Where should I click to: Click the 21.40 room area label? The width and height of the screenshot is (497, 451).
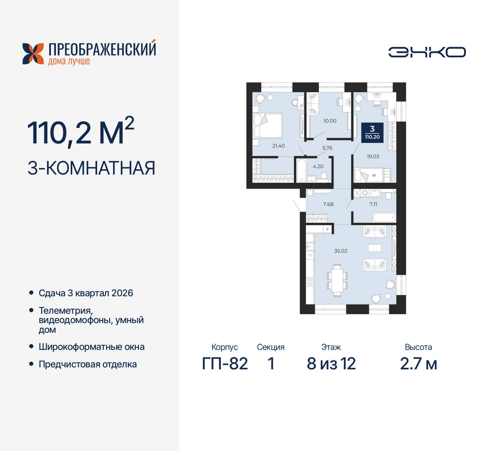click(x=278, y=146)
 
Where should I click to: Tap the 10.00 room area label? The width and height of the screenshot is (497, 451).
click(x=330, y=121)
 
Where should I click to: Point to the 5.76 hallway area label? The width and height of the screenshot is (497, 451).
click(x=327, y=148)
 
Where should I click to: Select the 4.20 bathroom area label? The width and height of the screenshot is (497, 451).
click(x=318, y=166)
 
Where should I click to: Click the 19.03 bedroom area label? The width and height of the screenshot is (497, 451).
click(x=373, y=157)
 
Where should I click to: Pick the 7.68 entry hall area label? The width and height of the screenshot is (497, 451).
click(x=328, y=204)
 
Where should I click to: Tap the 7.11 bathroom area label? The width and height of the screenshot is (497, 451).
click(x=373, y=204)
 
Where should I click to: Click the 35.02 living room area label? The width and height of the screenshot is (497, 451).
click(x=341, y=251)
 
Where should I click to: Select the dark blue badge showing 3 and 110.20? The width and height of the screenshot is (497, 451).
click(x=372, y=133)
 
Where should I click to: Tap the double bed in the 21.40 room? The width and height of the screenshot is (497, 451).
click(x=268, y=126)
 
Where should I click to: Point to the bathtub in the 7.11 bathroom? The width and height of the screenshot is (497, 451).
click(x=384, y=217)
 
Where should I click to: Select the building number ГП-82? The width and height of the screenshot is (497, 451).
click(x=225, y=364)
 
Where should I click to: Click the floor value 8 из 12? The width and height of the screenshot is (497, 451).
click(x=331, y=364)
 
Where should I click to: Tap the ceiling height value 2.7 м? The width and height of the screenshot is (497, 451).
click(x=419, y=364)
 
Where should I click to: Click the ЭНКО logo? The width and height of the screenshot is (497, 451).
click(x=427, y=52)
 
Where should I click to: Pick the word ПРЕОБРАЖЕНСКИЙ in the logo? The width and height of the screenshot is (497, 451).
click(x=102, y=49)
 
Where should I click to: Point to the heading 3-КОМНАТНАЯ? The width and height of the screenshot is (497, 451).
click(x=92, y=168)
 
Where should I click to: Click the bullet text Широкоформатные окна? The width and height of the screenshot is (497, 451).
click(x=92, y=347)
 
